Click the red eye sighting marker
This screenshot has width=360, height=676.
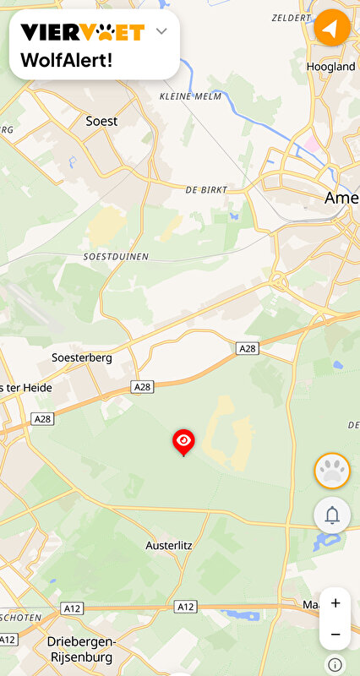[x=183, y=441]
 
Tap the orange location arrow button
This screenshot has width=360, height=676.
[x=332, y=28]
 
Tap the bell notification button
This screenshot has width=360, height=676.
[x=332, y=515]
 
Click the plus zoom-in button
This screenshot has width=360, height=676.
[x=335, y=603]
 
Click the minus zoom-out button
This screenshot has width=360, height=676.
[x=335, y=634]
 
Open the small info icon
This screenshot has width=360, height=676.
[x=335, y=664]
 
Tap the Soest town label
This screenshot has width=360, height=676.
[x=101, y=121]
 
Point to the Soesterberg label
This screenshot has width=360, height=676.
[x=81, y=357]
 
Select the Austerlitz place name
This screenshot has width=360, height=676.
[x=169, y=545]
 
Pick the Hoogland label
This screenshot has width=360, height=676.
[x=330, y=66]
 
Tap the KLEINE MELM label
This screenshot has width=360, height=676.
[x=190, y=97]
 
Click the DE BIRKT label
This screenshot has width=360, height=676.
[x=206, y=190]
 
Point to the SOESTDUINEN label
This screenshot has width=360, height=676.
[x=116, y=255]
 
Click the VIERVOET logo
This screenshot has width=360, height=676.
[x=82, y=32]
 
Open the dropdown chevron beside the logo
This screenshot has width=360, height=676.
[x=162, y=31]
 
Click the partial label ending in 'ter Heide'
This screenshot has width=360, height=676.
[x=28, y=388]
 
